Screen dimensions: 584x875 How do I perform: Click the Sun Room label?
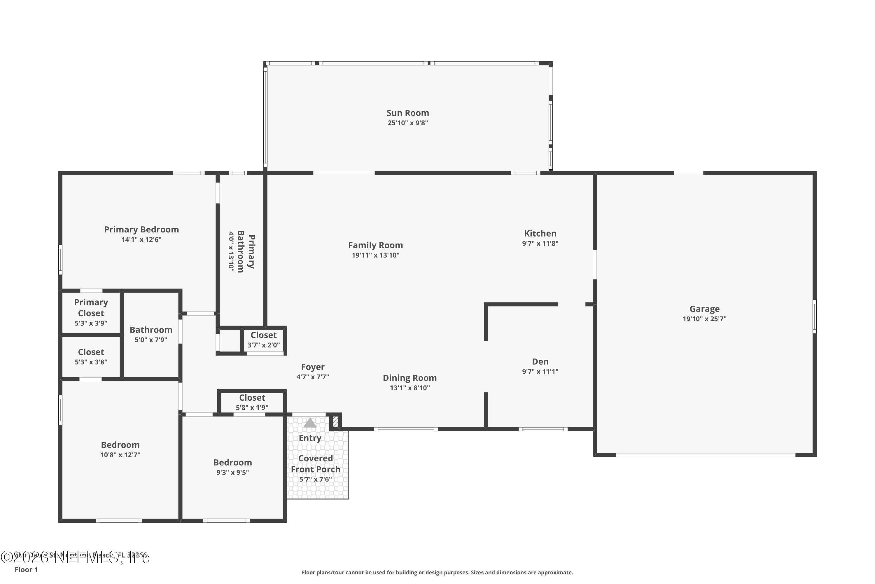[x=407, y=113]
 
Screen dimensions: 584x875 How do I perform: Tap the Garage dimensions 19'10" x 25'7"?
[x=704, y=319]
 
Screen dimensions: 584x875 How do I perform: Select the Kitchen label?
[x=540, y=234]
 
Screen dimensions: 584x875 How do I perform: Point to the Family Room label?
[x=375, y=245]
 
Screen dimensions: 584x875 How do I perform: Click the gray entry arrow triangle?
[x=309, y=423]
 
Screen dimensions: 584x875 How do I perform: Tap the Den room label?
[x=540, y=362]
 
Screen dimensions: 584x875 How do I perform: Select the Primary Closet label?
[x=91, y=308]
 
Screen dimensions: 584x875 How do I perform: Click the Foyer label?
[x=312, y=367]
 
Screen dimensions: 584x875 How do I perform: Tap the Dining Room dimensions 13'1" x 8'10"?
[x=409, y=388]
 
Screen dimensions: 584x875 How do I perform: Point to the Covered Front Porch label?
[x=316, y=464]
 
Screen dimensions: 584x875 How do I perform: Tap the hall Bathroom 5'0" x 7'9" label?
[x=151, y=330]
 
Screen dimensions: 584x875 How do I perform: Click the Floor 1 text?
[x=26, y=569]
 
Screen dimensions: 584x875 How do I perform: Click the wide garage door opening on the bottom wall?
[x=705, y=455]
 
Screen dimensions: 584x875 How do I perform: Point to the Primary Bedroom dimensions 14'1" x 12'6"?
[x=141, y=239]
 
